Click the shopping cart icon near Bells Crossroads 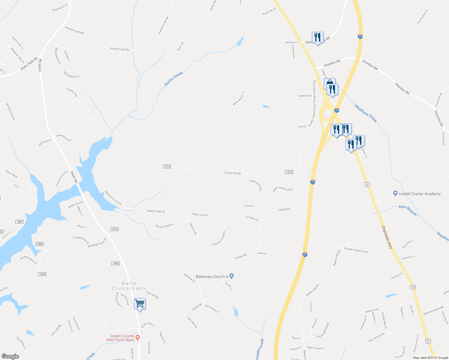(140, 304)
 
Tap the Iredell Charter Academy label (419, 194)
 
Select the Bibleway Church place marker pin (231, 276)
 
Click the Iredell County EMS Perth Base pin (138, 337)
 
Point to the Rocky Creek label (174, 79)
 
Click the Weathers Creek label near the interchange (366, 113)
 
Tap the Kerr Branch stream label (408, 210)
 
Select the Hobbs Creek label (260, 349)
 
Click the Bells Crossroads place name (129, 286)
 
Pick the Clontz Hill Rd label (232, 173)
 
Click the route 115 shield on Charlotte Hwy (413, 287)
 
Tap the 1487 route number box (19, 222)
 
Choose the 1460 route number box (40, 244)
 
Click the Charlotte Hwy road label (387, 237)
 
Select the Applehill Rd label (305, 96)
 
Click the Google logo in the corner (10, 356)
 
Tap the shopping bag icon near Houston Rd (329, 83)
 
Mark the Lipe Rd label (302, 127)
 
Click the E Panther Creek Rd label (219, 239)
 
